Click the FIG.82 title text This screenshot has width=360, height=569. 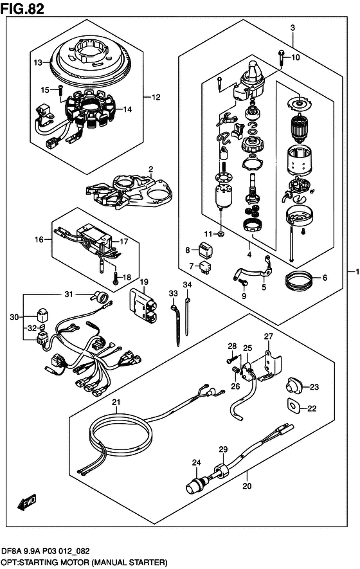[x=22, y=8]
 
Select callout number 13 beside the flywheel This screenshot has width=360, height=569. [x=39, y=63]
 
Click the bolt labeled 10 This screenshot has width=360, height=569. [x=282, y=58]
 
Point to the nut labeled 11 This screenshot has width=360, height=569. [x=221, y=233]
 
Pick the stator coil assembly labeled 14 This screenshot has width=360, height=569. [x=90, y=109]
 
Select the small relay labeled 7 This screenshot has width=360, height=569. [x=206, y=267]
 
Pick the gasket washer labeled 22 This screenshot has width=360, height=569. [x=293, y=405]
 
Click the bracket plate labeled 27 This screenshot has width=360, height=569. [x=271, y=362]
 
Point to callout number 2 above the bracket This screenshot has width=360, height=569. [x=150, y=169]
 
